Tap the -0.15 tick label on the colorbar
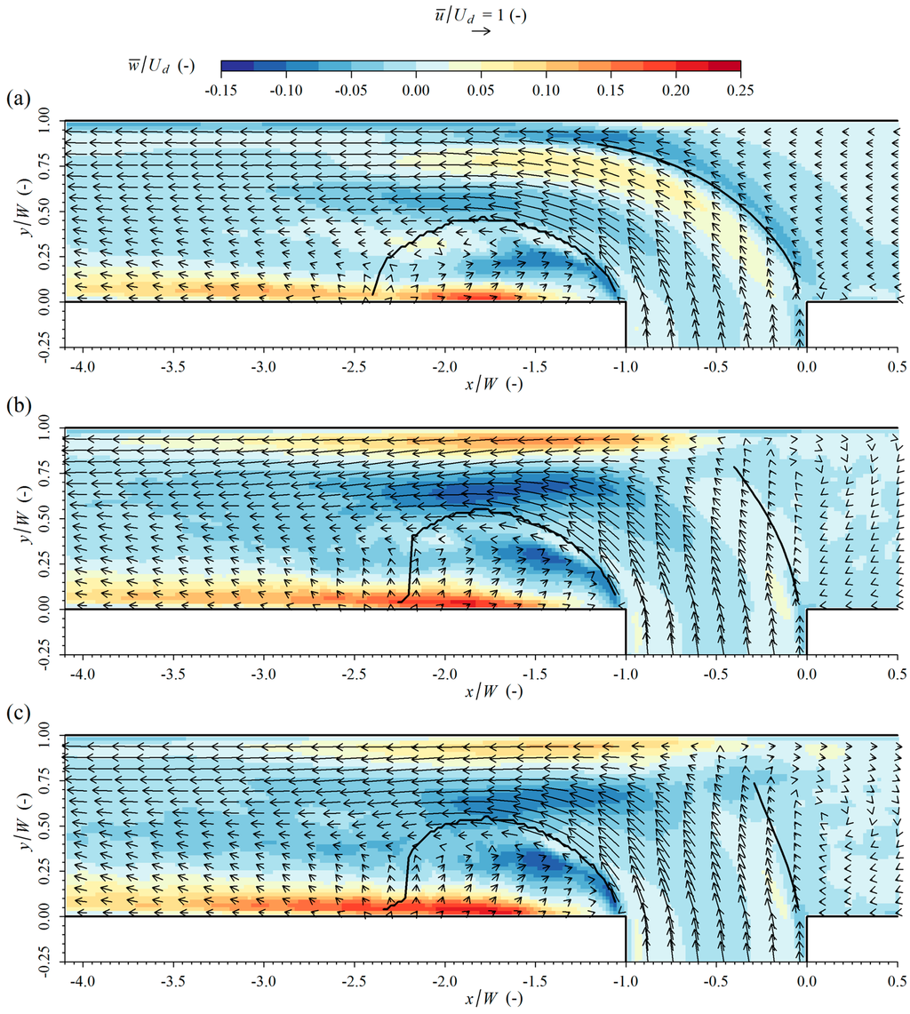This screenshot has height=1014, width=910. click(x=220, y=91)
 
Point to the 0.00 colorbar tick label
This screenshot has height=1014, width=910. click(x=416, y=91)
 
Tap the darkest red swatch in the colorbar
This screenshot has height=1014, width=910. click(x=724, y=66)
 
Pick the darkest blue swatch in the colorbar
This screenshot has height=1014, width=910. click(x=236, y=66)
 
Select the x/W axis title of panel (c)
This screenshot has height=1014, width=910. click(x=481, y=999)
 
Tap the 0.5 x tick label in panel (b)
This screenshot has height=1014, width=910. click(x=898, y=673)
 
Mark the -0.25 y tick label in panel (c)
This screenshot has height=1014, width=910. click(x=42, y=962)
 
